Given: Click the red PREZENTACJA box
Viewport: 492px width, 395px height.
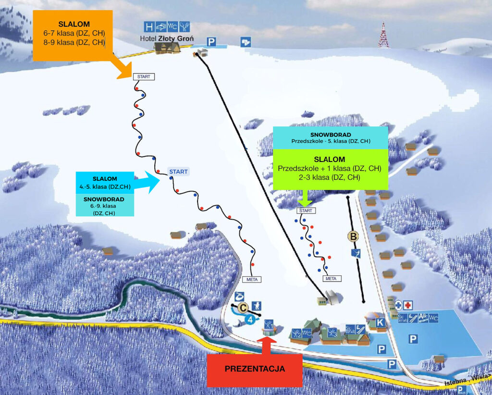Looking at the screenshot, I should (255, 369).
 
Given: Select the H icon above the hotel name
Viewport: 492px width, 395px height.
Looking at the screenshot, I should (149, 26).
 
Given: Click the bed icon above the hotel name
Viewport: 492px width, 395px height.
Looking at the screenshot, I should (161, 26).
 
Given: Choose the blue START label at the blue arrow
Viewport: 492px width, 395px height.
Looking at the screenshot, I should (178, 172).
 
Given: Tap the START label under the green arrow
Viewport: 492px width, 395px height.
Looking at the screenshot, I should (305, 210).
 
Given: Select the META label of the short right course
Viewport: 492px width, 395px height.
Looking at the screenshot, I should (331, 278).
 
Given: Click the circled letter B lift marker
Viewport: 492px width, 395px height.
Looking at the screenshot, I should (354, 236).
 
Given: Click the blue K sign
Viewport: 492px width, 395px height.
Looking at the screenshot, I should (380, 322).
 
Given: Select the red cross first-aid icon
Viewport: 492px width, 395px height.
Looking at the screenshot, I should (408, 305).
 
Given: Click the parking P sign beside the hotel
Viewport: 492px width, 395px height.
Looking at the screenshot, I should (210, 42).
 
